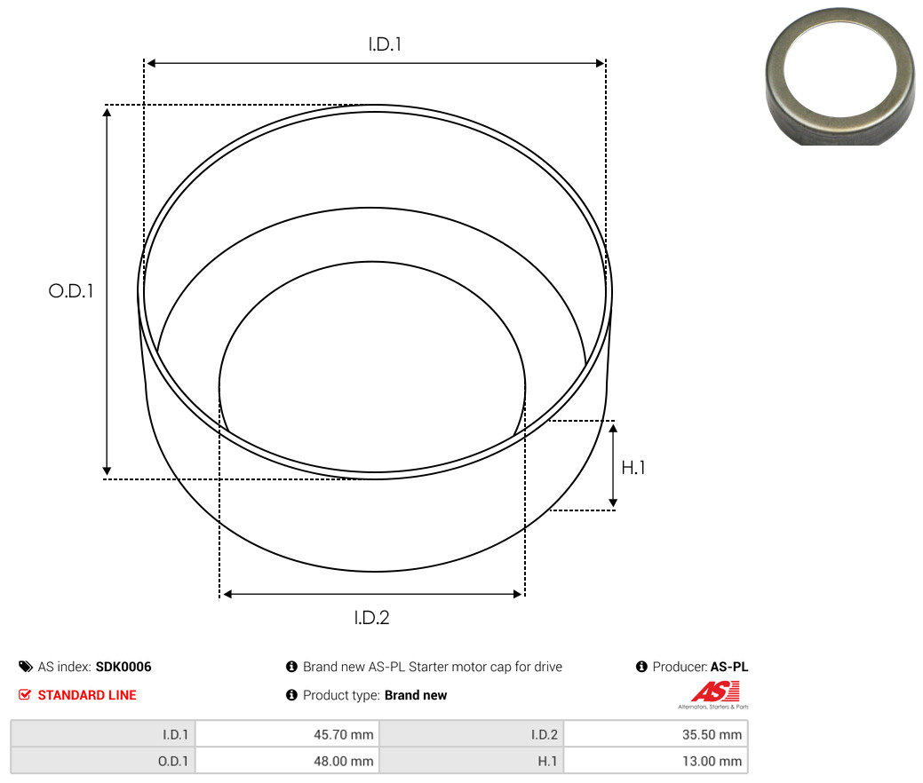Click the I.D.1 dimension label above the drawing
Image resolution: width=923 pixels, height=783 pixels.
pos(385,44)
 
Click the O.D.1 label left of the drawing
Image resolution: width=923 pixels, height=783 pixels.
pos(71,290)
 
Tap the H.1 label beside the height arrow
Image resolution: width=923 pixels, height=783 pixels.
pos(633,468)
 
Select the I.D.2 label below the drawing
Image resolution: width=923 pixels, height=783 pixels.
pos(371,618)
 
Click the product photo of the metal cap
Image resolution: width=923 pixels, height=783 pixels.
pos(839,76)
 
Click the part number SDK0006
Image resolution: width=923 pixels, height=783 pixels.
pos(123,667)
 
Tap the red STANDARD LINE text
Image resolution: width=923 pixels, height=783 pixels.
pos(87,695)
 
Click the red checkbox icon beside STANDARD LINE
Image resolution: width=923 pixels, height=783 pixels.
pos(25,695)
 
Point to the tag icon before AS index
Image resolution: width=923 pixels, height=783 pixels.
pos(25,667)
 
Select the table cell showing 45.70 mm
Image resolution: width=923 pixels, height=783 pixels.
pos(287,734)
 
